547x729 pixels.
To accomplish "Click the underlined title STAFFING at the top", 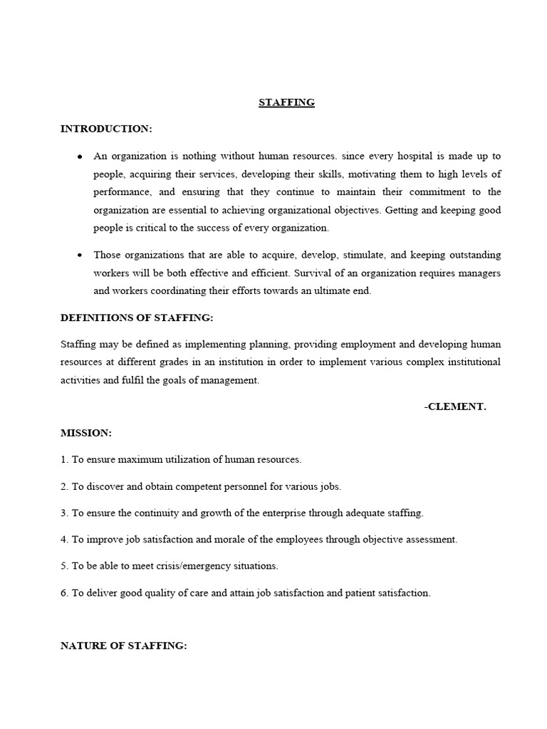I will coord(286,103).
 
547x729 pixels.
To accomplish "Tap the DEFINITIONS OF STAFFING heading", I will coord(137,318).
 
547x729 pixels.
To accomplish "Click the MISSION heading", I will coord(86,433).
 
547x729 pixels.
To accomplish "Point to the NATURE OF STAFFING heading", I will coord(124,646).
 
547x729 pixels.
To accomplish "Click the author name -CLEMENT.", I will coord(454,407).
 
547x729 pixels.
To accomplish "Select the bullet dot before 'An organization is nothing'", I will coord(79,156).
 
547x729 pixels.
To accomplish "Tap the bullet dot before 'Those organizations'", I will coord(79,255).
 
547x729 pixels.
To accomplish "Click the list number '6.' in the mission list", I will coord(65,593).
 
